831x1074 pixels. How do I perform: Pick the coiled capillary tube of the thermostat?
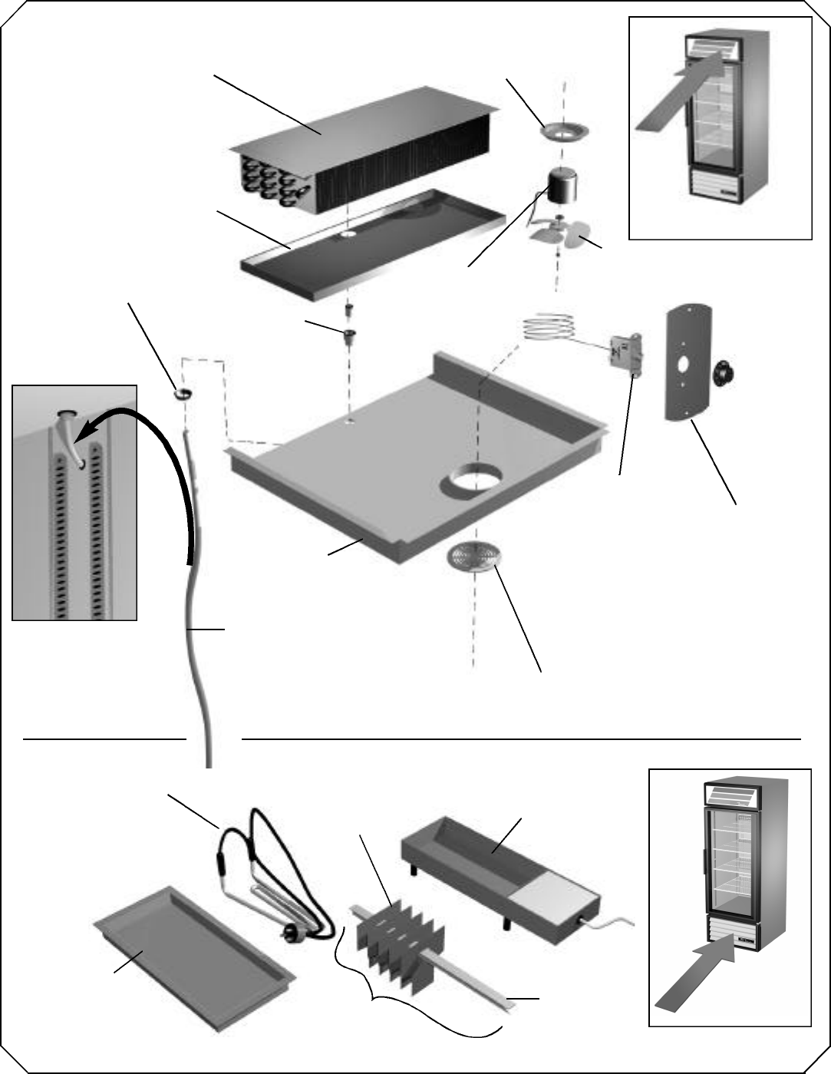coord(548,327)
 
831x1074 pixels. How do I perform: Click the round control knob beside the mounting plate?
coord(724,372)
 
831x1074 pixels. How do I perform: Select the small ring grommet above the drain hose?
coord(183,394)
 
